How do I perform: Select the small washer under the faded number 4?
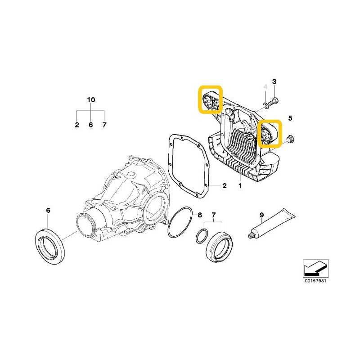(266, 105)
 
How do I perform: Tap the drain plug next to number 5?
(291, 139)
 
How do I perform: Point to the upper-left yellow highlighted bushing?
(211, 100)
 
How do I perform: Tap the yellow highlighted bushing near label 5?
(270, 134)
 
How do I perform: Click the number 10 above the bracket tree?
(91, 99)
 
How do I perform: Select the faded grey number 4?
(265, 87)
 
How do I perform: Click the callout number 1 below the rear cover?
(240, 185)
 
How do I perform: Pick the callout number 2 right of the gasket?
(225, 185)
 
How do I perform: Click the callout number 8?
(200, 215)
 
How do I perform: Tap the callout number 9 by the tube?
(262, 215)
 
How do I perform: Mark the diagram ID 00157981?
(315, 281)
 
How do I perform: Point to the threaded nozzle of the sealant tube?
(251, 235)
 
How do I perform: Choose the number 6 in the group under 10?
(91, 125)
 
